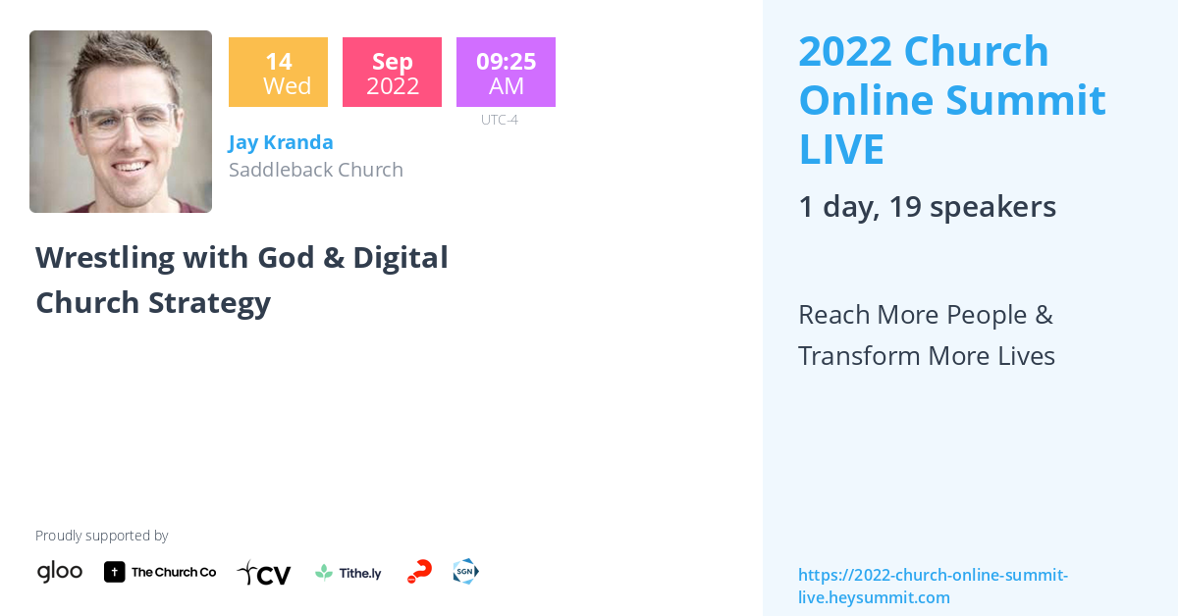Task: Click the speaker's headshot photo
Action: pos(121,122)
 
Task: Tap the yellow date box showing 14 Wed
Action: pos(278,73)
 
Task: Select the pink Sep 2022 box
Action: pos(392,73)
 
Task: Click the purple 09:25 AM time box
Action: pos(506,73)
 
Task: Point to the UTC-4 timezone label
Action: pos(499,120)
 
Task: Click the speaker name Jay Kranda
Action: pos(281,142)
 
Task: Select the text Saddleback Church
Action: pos(316,170)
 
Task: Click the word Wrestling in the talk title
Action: pos(105,257)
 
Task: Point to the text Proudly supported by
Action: pos(101,536)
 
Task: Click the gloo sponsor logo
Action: pos(60,571)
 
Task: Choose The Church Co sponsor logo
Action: pos(160,572)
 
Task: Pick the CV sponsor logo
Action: pos(264,573)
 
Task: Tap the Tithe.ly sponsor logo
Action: pos(348,572)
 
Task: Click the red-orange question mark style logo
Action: pos(419,572)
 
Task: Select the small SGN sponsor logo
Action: pos(465,571)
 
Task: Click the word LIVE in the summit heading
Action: pos(841,149)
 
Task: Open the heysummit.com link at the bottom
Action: pos(933,586)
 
